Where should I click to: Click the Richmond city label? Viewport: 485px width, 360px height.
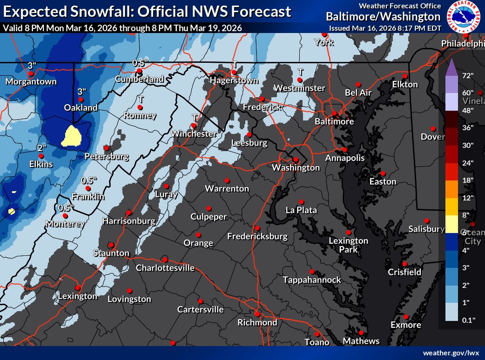click(x=257, y=322)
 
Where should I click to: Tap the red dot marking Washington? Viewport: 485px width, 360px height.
click(x=296, y=159)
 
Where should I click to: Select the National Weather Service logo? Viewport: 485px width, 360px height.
click(x=463, y=17)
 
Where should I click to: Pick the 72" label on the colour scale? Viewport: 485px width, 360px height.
click(x=465, y=75)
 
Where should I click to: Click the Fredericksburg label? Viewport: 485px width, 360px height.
click(x=257, y=236)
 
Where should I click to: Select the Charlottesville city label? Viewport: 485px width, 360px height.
click(x=165, y=267)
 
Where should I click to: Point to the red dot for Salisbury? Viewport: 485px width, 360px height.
click(x=426, y=221)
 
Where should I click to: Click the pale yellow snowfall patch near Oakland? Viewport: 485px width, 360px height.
click(x=72, y=136)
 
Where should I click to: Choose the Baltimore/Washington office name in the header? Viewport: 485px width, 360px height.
click(x=383, y=17)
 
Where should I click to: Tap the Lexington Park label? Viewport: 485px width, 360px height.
click(x=348, y=245)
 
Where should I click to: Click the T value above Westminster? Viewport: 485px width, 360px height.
click(x=300, y=72)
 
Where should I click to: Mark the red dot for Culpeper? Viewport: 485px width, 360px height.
click(x=209, y=208)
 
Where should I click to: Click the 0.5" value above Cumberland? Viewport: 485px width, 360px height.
click(x=140, y=62)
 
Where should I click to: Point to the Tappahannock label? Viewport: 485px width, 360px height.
click(x=312, y=280)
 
